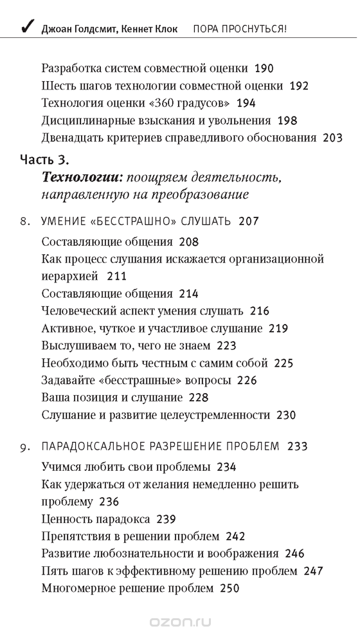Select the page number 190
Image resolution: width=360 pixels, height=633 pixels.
264,67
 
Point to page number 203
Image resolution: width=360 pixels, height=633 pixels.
332,137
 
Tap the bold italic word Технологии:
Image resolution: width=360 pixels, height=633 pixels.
82,176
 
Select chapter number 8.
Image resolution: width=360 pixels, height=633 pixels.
23,221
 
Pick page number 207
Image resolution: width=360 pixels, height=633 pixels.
248,221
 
